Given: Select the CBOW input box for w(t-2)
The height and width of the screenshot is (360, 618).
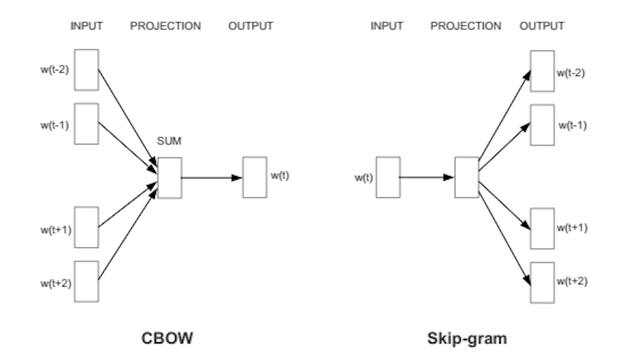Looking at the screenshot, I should [x=87, y=70].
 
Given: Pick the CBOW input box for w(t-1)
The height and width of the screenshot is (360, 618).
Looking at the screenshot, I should [x=87, y=123].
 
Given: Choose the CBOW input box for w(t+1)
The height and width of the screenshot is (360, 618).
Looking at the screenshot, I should [x=87, y=228].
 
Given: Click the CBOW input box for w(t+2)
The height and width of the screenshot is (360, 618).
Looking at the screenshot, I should [x=87, y=281].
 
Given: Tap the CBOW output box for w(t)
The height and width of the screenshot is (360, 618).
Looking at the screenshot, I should [x=254, y=177].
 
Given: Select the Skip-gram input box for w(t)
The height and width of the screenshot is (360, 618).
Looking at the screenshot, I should [x=387, y=177].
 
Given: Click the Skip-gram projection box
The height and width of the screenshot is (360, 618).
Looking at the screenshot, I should [x=466, y=177].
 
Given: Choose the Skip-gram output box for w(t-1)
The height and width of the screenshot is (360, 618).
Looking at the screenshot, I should [x=542, y=124].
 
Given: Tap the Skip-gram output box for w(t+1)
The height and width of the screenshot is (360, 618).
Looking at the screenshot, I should [x=542, y=228].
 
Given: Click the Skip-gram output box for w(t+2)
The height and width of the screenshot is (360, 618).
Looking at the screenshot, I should [x=542, y=281].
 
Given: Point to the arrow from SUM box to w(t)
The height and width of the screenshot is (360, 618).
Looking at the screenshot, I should [x=211, y=177].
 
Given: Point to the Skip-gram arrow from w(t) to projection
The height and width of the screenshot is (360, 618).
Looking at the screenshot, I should [x=427, y=177].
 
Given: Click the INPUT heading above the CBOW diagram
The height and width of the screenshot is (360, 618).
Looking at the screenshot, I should [x=88, y=26].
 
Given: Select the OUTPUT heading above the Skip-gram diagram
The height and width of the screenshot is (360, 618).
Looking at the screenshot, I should [x=542, y=26].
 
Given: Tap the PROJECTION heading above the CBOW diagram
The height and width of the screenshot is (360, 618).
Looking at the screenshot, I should [x=165, y=26].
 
